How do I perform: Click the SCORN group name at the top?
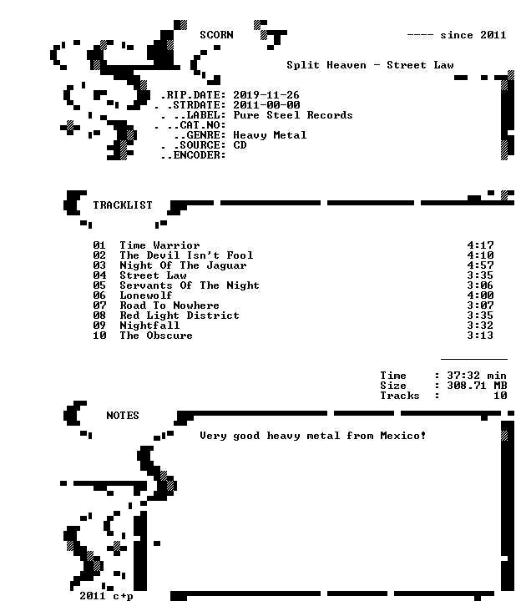click(x=216, y=35)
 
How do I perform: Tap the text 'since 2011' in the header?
click(x=473, y=35)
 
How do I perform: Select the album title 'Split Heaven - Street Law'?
click(x=370, y=65)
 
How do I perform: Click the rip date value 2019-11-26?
click(x=266, y=95)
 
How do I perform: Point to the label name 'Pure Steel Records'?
click(x=293, y=115)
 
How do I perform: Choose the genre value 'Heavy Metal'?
click(x=270, y=135)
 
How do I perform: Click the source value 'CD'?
click(x=240, y=145)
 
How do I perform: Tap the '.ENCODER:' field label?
click(x=196, y=155)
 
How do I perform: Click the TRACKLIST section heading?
click(x=123, y=205)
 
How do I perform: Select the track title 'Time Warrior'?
click(x=159, y=245)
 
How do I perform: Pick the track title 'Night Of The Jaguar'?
click(x=183, y=265)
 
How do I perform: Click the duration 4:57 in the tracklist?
click(x=480, y=265)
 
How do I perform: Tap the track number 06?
click(x=99, y=295)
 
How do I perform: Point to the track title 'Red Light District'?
click(x=180, y=316)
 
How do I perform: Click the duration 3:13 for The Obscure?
click(x=480, y=336)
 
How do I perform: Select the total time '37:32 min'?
click(x=477, y=376)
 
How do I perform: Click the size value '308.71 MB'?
click(x=477, y=386)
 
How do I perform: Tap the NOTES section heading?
click(x=123, y=416)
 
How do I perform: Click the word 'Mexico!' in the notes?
click(x=403, y=436)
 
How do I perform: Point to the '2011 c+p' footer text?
click(x=106, y=596)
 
